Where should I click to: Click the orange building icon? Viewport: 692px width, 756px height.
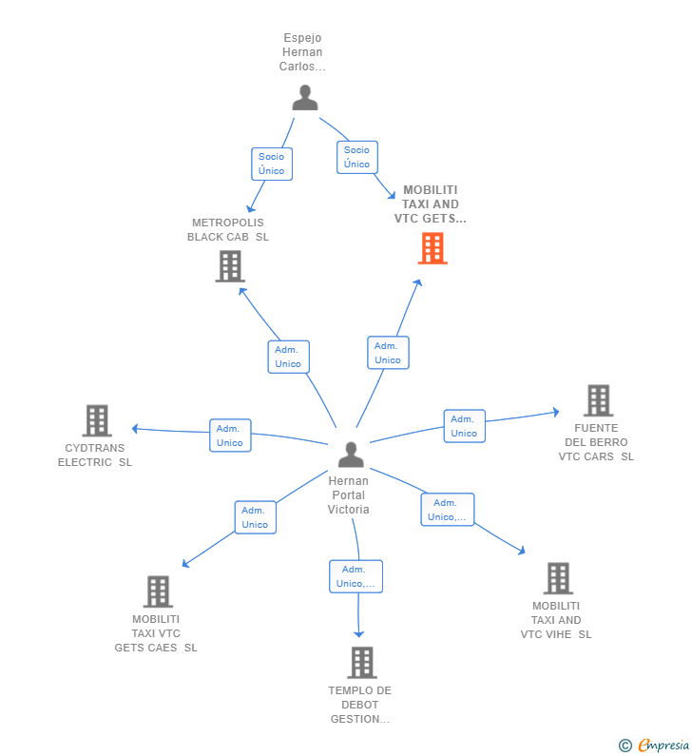tap(432, 248)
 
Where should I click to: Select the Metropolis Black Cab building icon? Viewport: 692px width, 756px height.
tap(230, 266)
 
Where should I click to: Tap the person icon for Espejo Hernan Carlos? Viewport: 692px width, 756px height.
tap(304, 98)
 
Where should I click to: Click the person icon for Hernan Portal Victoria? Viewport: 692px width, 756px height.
tap(351, 456)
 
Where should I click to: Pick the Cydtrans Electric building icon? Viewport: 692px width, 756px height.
tap(97, 420)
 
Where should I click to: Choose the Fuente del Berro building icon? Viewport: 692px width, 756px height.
tap(597, 400)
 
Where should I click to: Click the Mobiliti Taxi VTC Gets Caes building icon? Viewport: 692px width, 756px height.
tap(158, 591)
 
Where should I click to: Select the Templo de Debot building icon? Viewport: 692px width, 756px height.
tap(361, 662)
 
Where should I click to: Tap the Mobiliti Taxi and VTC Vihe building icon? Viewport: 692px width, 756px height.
tap(557, 578)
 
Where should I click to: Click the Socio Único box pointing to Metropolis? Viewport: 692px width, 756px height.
tap(272, 164)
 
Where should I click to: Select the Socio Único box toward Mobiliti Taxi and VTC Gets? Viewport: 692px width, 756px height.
tap(356, 157)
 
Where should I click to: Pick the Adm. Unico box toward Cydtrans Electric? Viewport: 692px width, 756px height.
tap(230, 436)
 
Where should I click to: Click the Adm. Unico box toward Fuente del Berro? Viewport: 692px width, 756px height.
tap(464, 426)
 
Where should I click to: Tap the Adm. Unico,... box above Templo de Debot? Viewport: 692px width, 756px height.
tap(356, 576)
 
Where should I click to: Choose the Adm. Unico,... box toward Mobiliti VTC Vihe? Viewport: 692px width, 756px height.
tap(447, 510)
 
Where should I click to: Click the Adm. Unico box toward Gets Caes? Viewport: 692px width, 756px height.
tap(255, 517)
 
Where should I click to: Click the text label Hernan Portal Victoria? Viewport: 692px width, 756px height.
tap(349, 495)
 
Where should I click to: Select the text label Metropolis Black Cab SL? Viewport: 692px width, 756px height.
tap(228, 230)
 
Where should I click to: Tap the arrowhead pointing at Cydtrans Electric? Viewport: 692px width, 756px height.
tap(135, 429)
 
